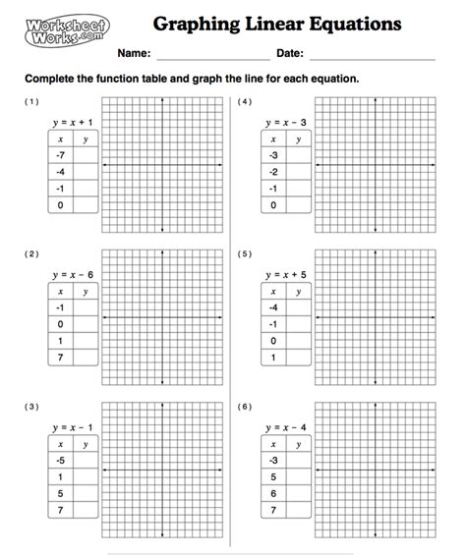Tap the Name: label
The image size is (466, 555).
pyautogui.click(x=135, y=53)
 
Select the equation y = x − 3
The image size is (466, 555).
pyautogui.click(x=285, y=122)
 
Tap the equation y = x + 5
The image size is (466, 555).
pyautogui.click(x=285, y=274)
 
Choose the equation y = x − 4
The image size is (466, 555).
pyautogui.click(x=285, y=428)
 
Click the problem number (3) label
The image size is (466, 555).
pyautogui.click(x=32, y=406)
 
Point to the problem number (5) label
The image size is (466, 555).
pyautogui.click(x=245, y=253)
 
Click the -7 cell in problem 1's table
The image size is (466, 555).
pyautogui.click(x=61, y=155)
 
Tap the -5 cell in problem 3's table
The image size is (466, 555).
pyautogui.click(x=61, y=460)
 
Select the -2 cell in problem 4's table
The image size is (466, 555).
pyautogui.click(x=274, y=172)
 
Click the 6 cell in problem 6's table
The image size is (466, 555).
pyautogui.click(x=274, y=493)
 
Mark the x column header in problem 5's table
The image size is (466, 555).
pyautogui.click(x=274, y=291)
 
